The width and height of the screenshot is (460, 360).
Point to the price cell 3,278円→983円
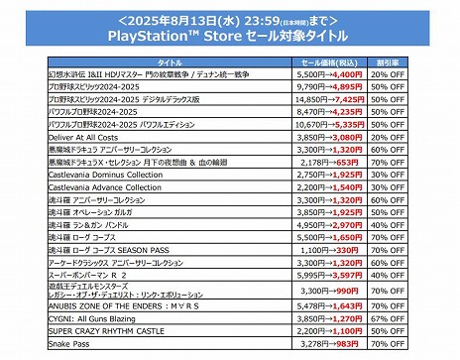click(x=330, y=343)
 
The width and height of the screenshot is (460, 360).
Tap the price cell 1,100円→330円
click(x=330, y=250)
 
